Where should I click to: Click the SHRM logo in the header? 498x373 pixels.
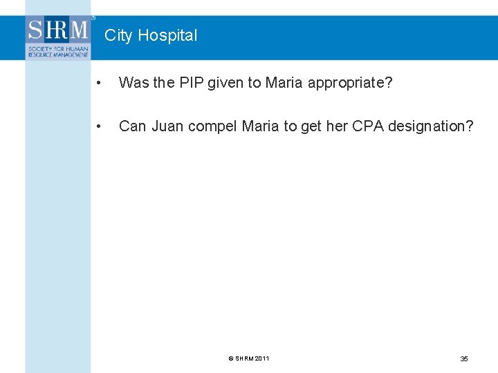click(58, 30)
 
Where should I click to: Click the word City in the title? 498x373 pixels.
click(118, 35)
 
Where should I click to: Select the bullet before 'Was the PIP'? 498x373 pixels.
click(101, 84)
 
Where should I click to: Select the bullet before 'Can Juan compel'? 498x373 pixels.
click(101, 127)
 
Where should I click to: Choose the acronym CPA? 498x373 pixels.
click(369, 126)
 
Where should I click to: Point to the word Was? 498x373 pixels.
click(131, 83)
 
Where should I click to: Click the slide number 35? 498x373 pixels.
click(464, 358)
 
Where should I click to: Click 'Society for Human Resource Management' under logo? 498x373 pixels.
click(58, 52)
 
